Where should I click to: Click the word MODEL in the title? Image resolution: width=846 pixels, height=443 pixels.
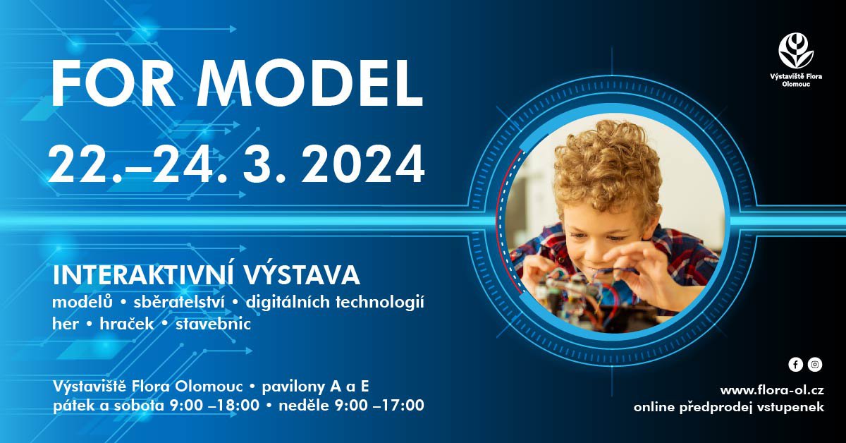309,83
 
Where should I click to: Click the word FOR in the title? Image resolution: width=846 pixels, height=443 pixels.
114,83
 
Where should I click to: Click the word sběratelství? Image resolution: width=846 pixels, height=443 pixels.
179,302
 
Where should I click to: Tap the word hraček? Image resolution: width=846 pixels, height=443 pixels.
127,324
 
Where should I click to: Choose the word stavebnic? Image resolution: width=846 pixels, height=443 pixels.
213,324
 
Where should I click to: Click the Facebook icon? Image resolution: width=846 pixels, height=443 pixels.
795,365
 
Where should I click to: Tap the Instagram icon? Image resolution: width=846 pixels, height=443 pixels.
815,365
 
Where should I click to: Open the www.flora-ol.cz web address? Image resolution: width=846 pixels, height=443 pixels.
772,390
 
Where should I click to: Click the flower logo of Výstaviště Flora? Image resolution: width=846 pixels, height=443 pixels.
796,51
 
